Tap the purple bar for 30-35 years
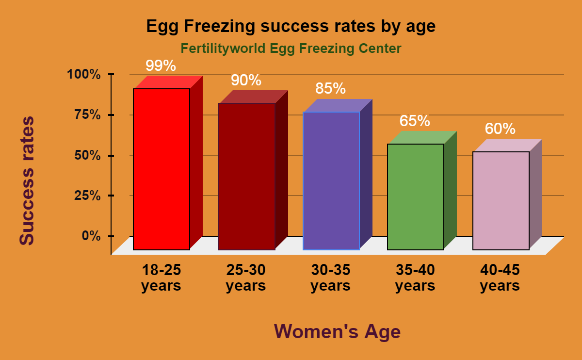coord(331,180)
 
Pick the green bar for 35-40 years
coord(416,196)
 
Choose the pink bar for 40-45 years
coord(501,200)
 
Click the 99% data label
coord(161,65)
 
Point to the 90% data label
coord(246,80)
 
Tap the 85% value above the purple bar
coord(330,88)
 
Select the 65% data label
coord(415,121)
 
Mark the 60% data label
coord(500,129)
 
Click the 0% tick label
coord(91,236)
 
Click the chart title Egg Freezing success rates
coord(291,27)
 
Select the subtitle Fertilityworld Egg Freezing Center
coord(291,49)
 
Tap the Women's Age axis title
coord(338,332)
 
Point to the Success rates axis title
coord(27,180)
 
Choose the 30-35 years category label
coord(330,278)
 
